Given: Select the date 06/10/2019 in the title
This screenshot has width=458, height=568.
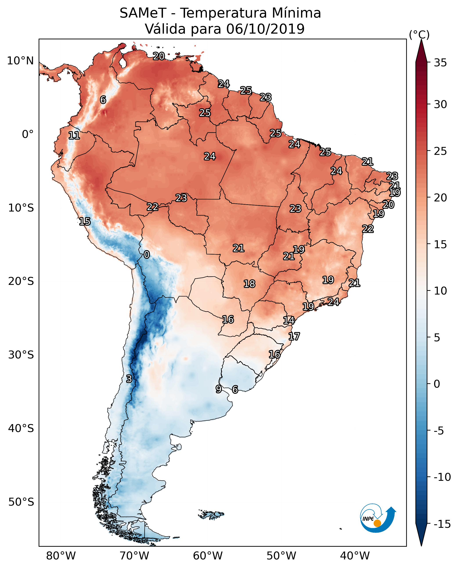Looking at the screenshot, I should click(x=265, y=29).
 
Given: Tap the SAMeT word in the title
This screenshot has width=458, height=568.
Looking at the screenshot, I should click(x=143, y=13).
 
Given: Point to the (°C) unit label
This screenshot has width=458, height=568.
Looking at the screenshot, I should click(x=419, y=35).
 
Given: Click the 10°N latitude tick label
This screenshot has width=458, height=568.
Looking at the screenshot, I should click(x=20, y=61).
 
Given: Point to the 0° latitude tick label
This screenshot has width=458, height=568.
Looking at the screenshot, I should click(x=28, y=134).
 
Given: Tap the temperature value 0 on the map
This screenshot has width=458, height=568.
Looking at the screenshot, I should click(x=147, y=255).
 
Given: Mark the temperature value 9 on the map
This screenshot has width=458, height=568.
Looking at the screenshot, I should click(x=218, y=389).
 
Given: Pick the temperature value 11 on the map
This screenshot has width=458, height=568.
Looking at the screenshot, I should click(x=74, y=136).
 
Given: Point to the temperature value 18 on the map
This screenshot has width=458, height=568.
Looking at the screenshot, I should click(x=249, y=284).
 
